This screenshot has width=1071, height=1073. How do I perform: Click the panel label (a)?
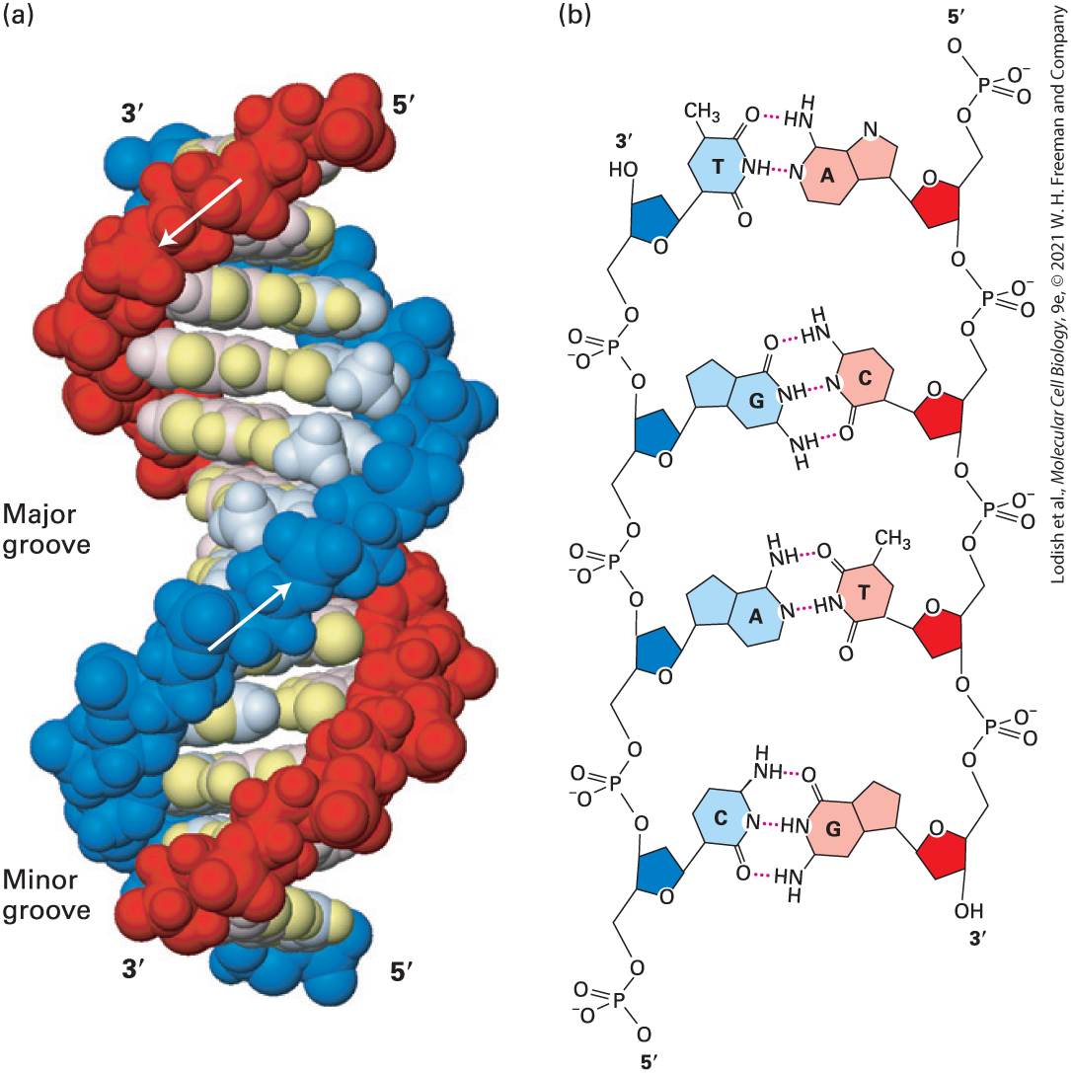[x=19, y=15]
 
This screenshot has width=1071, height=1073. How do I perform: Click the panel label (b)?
[x=574, y=15]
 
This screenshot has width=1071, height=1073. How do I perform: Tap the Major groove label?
[x=45, y=529]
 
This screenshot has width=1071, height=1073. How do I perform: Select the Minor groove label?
[x=45, y=894]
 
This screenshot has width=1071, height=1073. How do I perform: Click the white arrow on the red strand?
[x=199, y=211]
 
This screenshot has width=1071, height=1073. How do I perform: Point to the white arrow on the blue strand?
[x=251, y=615]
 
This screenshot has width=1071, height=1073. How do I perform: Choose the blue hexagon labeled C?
[x=720, y=818]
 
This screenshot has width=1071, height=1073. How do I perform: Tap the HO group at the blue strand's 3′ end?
[x=624, y=169]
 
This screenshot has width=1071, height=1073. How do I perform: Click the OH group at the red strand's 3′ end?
[x=969, y=911]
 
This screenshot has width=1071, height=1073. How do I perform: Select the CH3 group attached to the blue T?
[x=702, y=113]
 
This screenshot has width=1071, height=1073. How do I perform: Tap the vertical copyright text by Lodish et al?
[x=1058, y=291]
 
